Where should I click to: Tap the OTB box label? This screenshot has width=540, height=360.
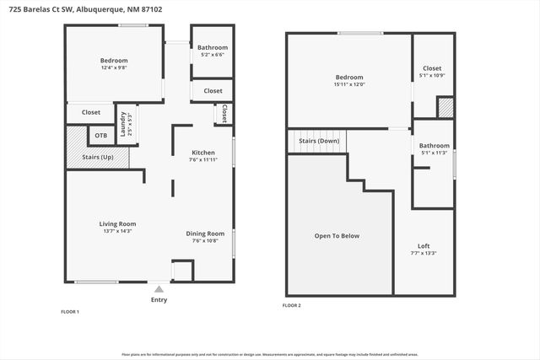coord(101,136)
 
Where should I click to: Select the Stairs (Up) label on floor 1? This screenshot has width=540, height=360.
coord(97,158)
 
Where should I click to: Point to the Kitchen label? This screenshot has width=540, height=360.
coord(204,153)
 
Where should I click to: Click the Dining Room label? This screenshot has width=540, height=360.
coord(205,234)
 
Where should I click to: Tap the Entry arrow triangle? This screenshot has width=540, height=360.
coord(159,288)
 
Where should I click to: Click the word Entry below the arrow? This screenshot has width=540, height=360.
coord(159,300)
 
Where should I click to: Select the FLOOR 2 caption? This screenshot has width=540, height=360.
coord(291,305)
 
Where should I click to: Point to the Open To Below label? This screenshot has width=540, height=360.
coord(337,236)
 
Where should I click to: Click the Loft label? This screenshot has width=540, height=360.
coord(424,245)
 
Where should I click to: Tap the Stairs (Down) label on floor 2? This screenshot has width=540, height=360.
coord(315,141)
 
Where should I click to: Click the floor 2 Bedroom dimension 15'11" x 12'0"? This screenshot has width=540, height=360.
coord(348,84)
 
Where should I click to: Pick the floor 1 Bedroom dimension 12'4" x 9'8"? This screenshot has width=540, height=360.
coord(114,67)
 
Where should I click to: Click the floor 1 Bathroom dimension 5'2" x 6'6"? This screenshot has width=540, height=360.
coord(213,55)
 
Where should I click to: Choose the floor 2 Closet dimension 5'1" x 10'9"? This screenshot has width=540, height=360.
coord(432,76)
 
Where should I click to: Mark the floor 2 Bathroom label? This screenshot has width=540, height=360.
coord(435,146)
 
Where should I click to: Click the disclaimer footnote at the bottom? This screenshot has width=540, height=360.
coord(270,355)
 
